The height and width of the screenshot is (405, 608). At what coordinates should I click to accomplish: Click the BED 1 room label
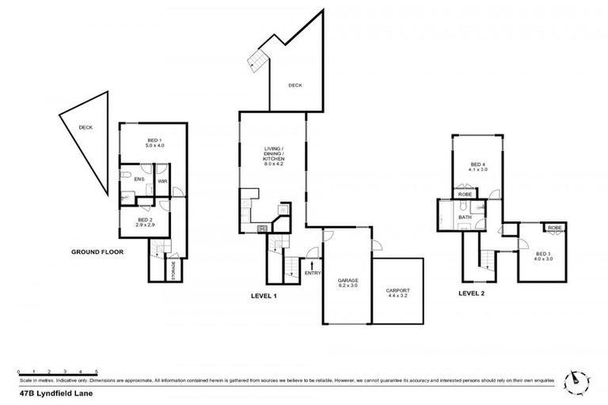tap(153, 143)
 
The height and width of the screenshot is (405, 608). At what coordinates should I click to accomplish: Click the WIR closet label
tap(162, 181)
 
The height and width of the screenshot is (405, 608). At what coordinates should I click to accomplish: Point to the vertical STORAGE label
tap(173, 269)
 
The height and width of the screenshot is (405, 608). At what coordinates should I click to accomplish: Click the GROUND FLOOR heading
tap(97, 252)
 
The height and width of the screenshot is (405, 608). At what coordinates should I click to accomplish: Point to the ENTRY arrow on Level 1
tap(312, 266)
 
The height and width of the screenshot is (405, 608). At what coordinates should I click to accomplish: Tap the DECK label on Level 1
tap(294, 85)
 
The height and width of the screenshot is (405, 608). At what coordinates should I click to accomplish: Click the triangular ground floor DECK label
tap(85, 128)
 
